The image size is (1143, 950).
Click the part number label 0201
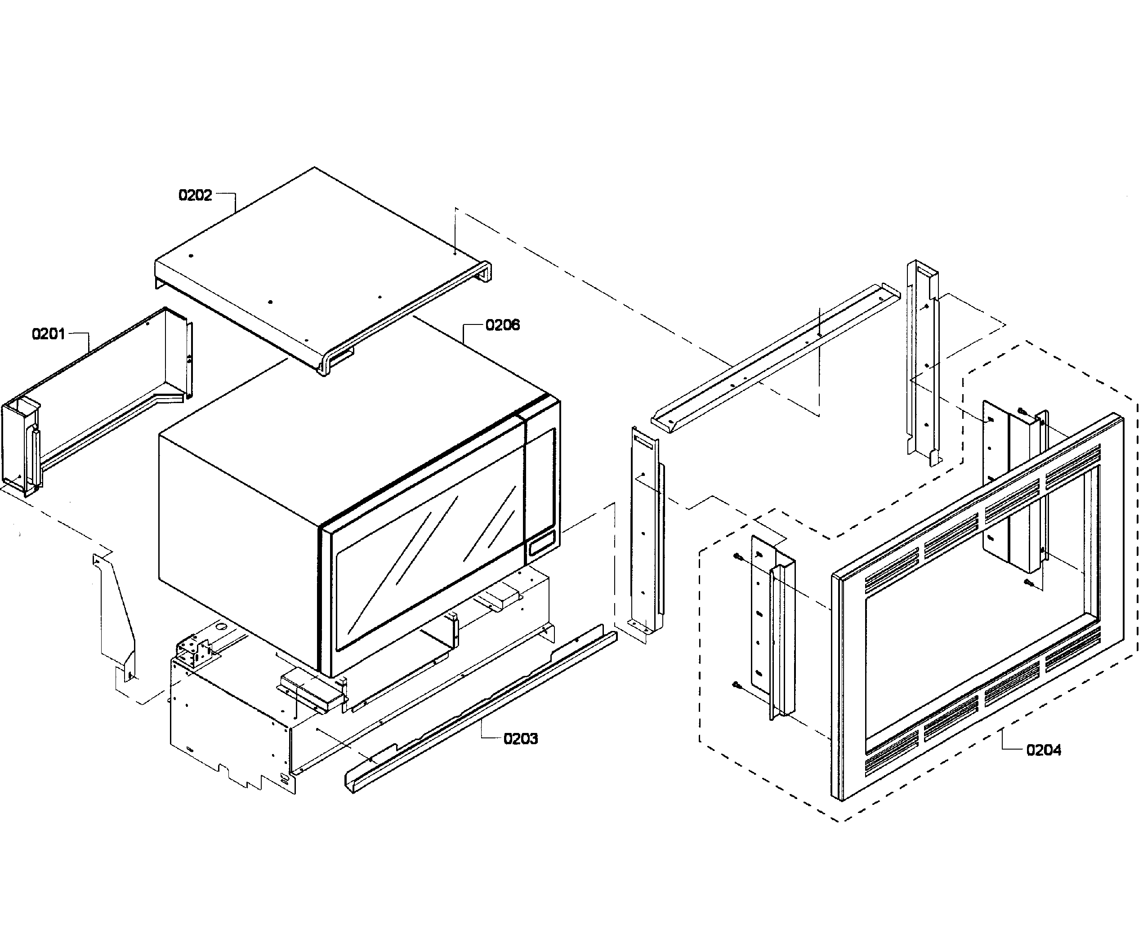click(x=49, y=333)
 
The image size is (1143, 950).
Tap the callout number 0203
click(x=521, y=738)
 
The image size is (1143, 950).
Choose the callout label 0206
click(x=502, y=325)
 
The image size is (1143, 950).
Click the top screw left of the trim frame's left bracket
click(x=737, y=557)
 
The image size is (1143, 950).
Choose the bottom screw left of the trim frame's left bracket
click(x=737, y=685)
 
